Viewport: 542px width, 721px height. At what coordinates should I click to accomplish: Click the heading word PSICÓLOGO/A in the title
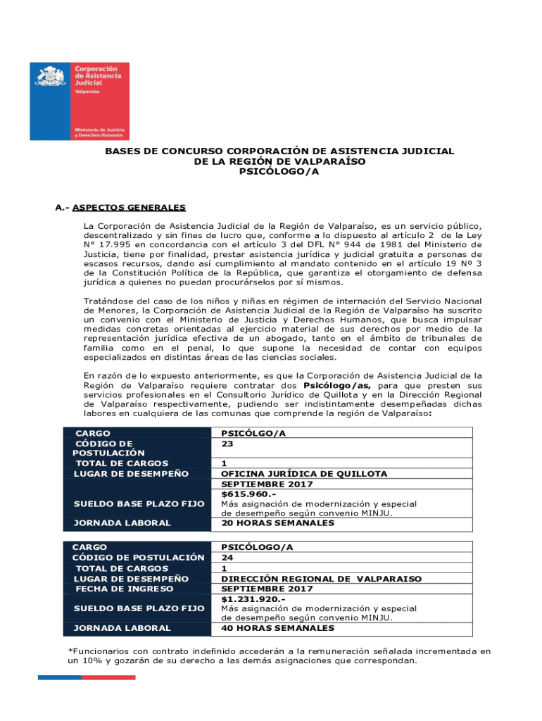tap(279, 171)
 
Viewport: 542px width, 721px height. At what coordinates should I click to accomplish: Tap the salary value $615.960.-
tap(244, 494)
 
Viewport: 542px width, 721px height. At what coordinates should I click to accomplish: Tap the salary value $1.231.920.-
tap(248, 598)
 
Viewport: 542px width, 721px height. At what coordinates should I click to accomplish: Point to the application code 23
tap(227, 444)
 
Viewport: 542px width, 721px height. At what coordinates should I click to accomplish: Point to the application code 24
tap(227, 558)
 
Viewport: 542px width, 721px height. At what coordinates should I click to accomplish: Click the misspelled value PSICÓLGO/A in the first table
tap(253, 434)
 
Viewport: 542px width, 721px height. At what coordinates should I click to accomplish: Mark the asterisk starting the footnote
tap(70, 651)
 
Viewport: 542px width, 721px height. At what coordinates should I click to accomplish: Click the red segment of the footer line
tap(108, 677)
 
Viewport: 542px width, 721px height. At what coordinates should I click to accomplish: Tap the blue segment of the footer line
tap(60, 677)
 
